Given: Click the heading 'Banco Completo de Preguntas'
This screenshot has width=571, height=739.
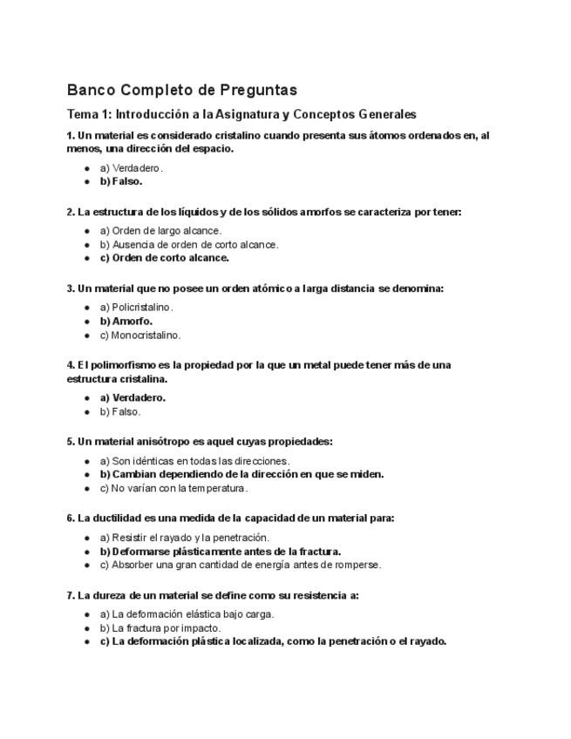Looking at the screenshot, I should pyautogui.click(x=181, y=90).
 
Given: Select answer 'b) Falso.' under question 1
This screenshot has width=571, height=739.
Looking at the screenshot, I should pyautogui.click(x=120, y=181).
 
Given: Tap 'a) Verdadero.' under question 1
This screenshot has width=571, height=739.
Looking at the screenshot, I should pyautogui.click(x=131, y=168).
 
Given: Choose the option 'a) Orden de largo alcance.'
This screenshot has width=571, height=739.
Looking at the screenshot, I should pyautogui.click(x=160, y=231).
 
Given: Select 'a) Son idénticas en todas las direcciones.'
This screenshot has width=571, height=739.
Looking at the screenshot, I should pyautogui.click(x=194, y=461).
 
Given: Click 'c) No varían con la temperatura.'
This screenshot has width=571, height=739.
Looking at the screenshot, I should pyautogui.click(x=173, y=488).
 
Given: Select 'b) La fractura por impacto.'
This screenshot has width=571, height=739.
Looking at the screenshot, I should pyautogui.click(x=160, y=627).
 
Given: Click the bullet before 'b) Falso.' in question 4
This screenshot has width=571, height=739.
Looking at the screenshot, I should pyautogui.click(x=87, y=412).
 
